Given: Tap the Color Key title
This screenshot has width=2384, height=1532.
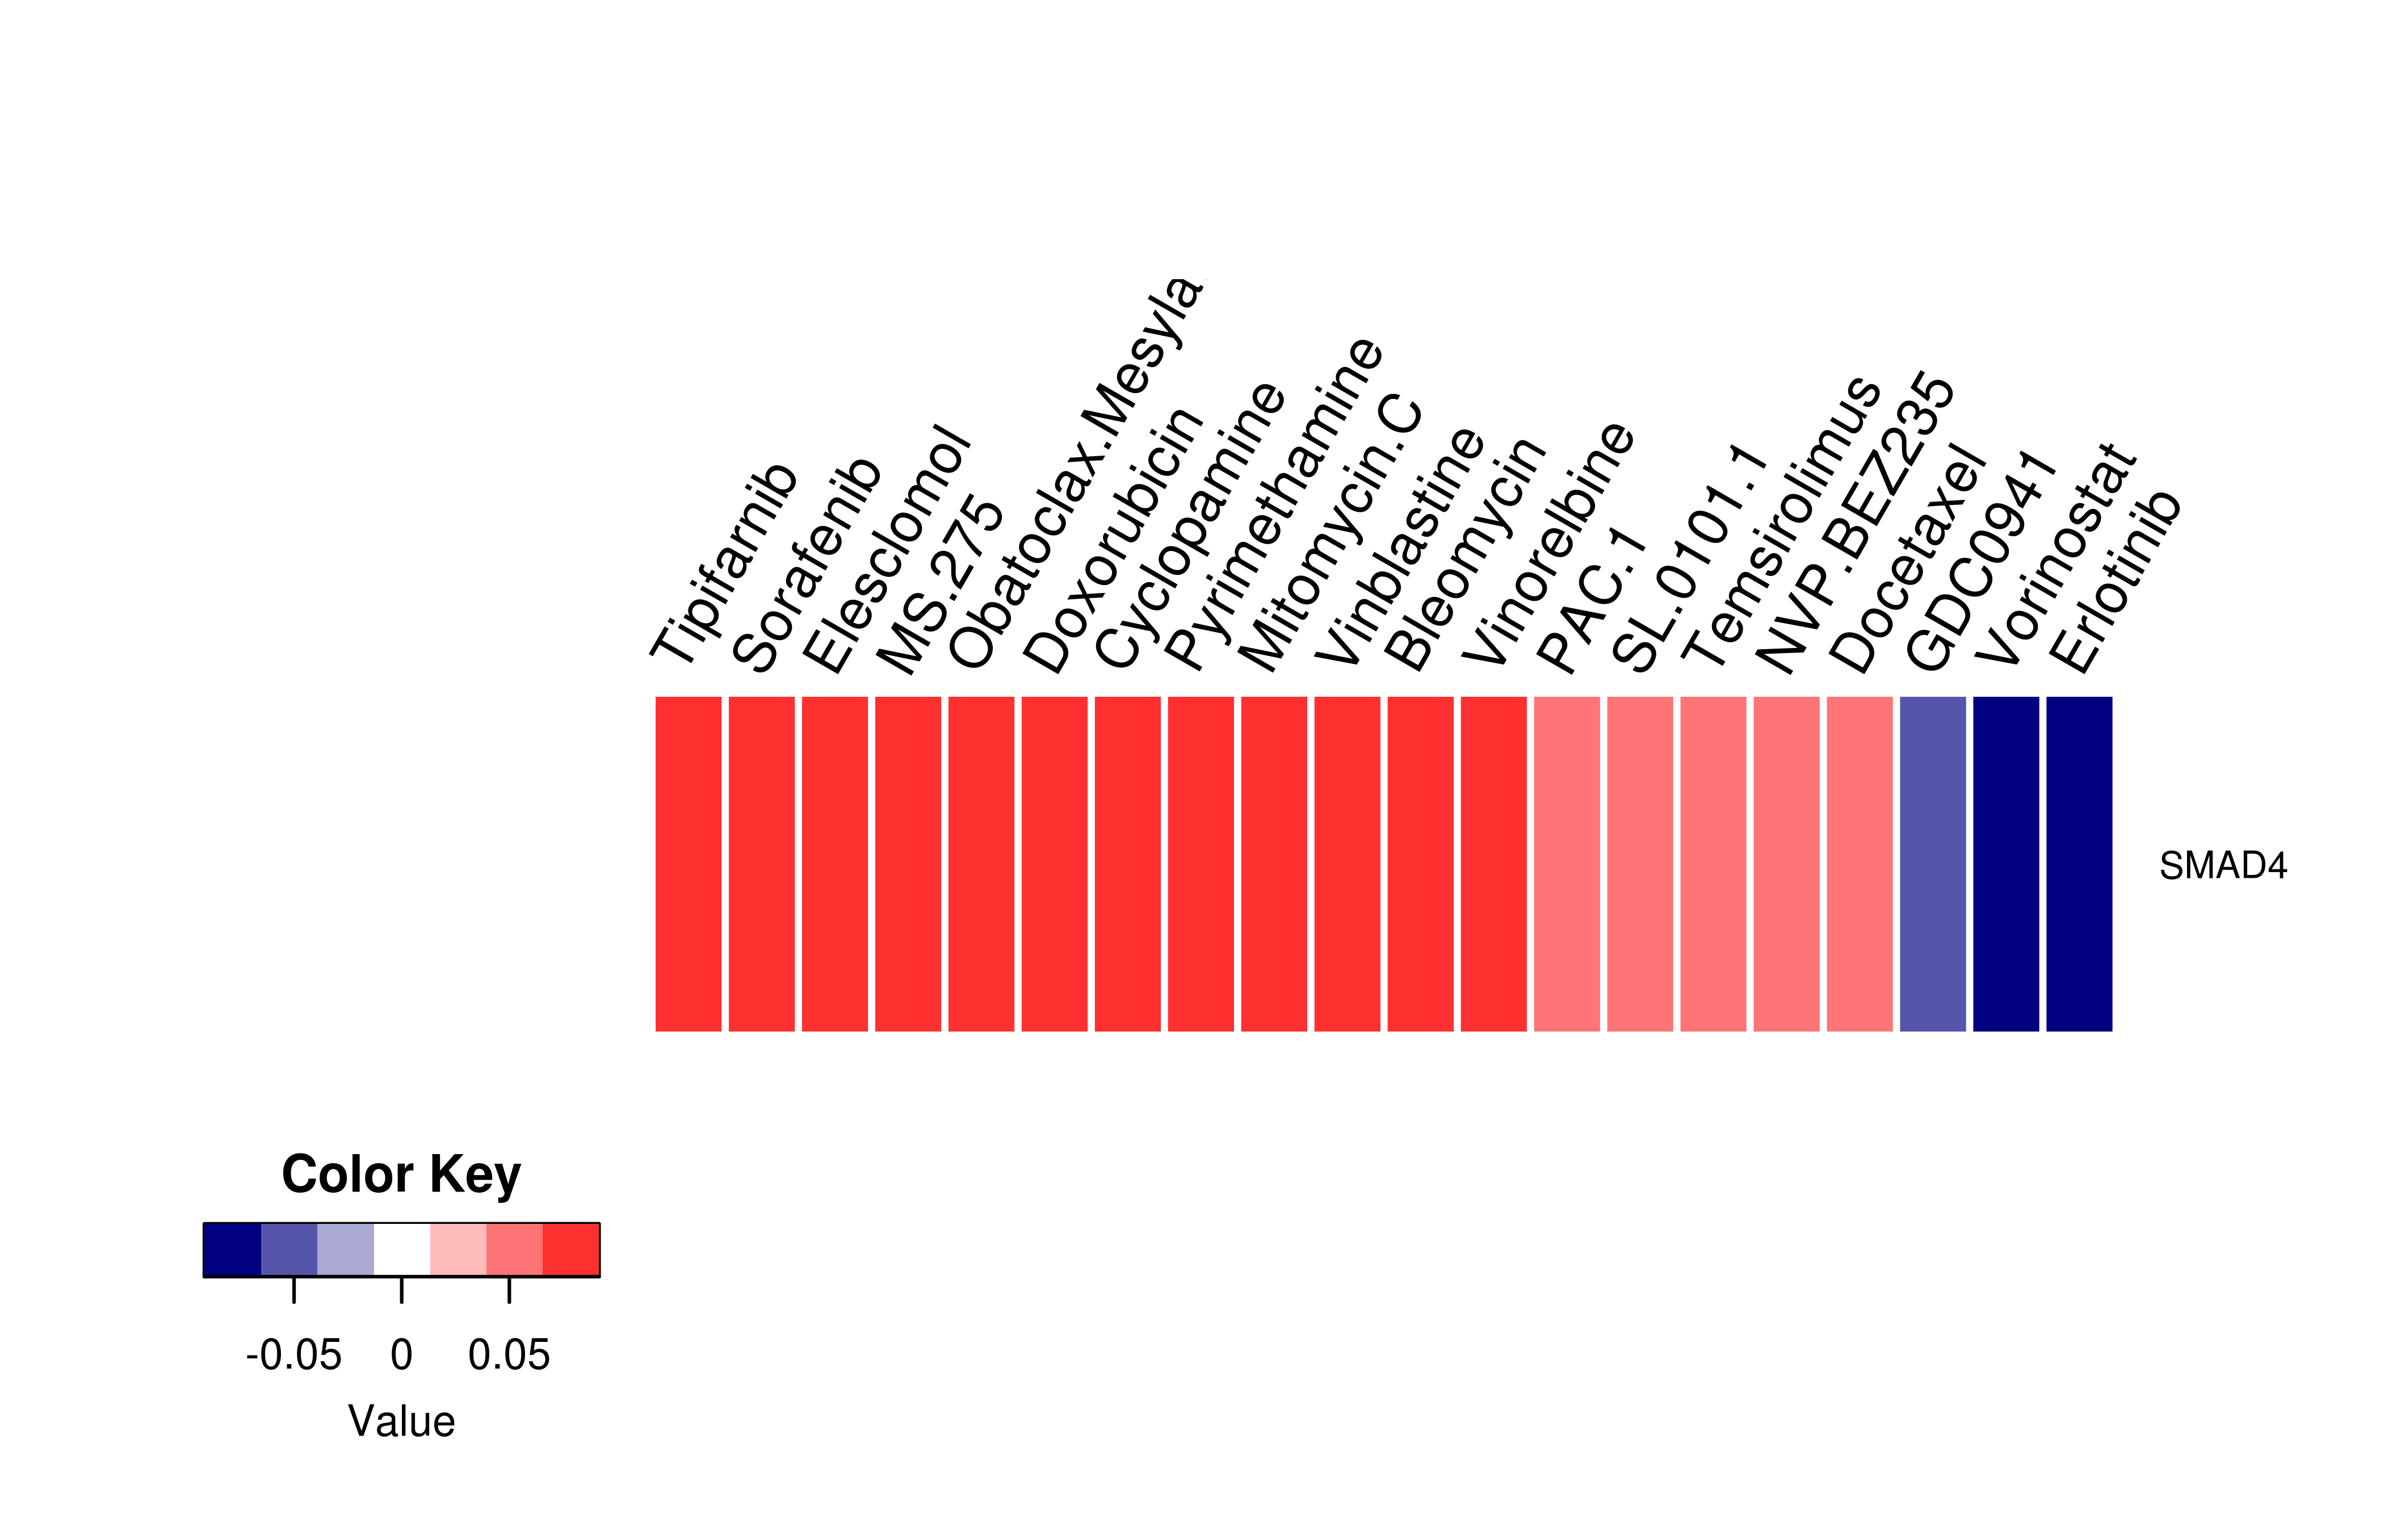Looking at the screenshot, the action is [401, 1175].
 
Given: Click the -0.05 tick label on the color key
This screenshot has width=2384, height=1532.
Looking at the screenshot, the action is [293, 1355].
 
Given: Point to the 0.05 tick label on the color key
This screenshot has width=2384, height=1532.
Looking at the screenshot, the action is [509, 1355].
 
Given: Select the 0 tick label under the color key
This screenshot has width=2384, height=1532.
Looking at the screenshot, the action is [401, 1355].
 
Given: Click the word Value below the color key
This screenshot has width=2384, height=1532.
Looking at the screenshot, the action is [401, 1421].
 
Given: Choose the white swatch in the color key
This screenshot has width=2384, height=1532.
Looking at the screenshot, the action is [402, 1249].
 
